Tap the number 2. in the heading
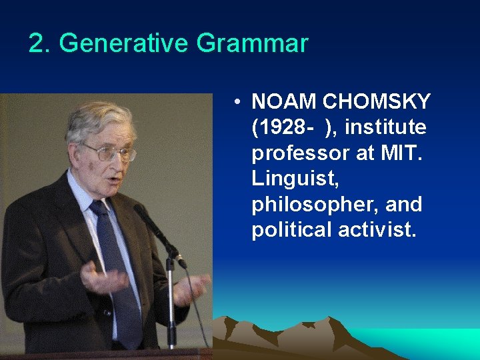[x=40, y=44]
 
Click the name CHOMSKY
[x=377, y=102]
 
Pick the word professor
[x=299, y=153]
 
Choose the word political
[x=291, y=229]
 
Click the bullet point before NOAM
[x=237, y=103]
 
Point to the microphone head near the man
[x=141, y=213]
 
